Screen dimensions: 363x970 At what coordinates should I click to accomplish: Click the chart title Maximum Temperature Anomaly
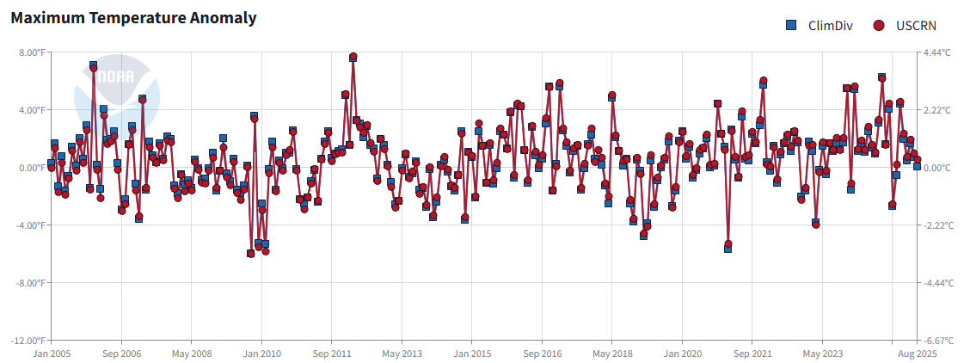pyautogui.click(x=133, y=18)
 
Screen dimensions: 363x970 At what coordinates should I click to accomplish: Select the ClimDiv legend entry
pyautogui.click(x=822, y=26)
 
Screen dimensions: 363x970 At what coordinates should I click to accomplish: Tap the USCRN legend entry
pyautogui.click(x=911, y=26)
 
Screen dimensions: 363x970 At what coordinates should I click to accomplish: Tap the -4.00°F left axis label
pyautogui.click(x=28, y=225)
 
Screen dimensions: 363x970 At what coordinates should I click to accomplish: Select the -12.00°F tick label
pyautogui.click(x=26, y=341)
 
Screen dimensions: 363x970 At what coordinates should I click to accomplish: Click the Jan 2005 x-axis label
pyautogui.click(x=50, y=354)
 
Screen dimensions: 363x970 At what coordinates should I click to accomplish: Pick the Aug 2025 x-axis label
pyautogui.click(x=917, y=354)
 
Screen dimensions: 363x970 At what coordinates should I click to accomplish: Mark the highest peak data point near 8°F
pyautogui.click(x=353, y=57)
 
